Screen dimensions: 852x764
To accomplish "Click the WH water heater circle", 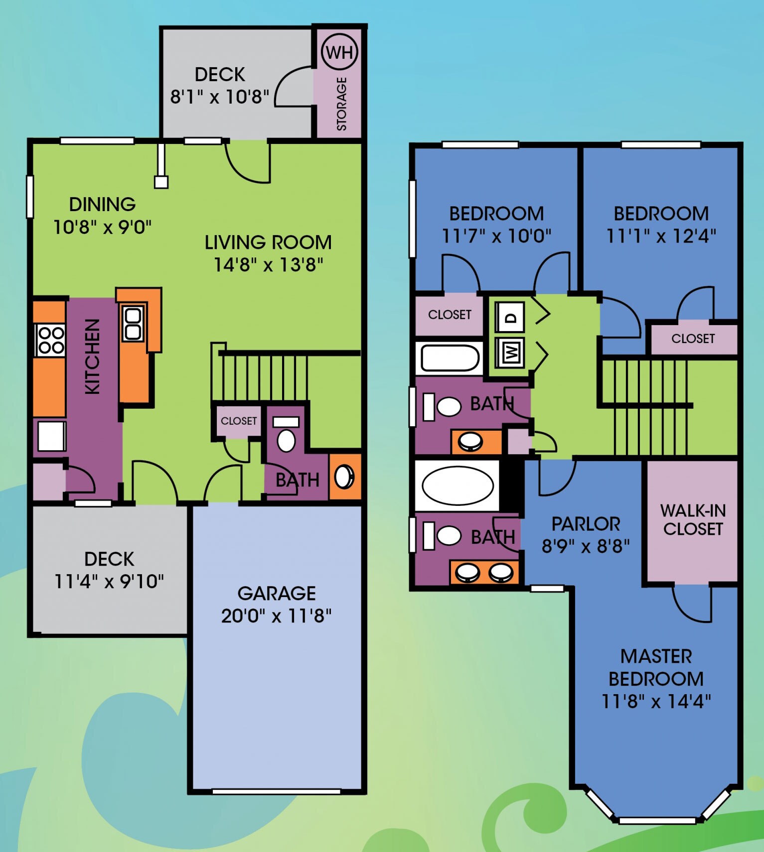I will coord(340,52).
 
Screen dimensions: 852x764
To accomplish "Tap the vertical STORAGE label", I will coord(342,104).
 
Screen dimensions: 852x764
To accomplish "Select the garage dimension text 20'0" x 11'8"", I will coord(276,616).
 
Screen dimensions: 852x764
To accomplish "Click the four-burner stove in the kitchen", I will coord(50,340).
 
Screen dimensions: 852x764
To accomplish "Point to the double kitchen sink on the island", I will coord(133,324).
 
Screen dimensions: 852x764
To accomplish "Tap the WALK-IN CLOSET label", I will coord(693,519).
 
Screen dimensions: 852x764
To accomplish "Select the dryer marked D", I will coord(510,317).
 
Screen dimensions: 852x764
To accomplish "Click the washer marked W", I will coord(510,353).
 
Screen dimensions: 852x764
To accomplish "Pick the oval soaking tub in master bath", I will coord(457,485).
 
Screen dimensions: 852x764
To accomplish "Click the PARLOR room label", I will coord(586,524).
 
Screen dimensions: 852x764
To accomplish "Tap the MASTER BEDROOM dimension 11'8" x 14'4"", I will coord(656,701).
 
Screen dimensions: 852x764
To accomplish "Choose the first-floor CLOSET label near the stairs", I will coord(239,421).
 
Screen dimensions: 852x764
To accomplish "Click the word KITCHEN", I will coord(93,357).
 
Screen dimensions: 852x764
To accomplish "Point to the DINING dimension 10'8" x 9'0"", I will coord(102,227).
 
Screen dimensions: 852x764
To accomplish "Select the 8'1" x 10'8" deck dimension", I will coord(219,97).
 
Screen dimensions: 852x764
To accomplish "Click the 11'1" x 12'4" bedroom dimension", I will coord(661,236).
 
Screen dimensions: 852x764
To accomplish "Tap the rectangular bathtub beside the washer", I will coord(450,358).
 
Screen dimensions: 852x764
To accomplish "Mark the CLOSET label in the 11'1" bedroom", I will coord(693,339).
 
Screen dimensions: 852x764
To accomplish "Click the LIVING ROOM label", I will coord(268,243).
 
